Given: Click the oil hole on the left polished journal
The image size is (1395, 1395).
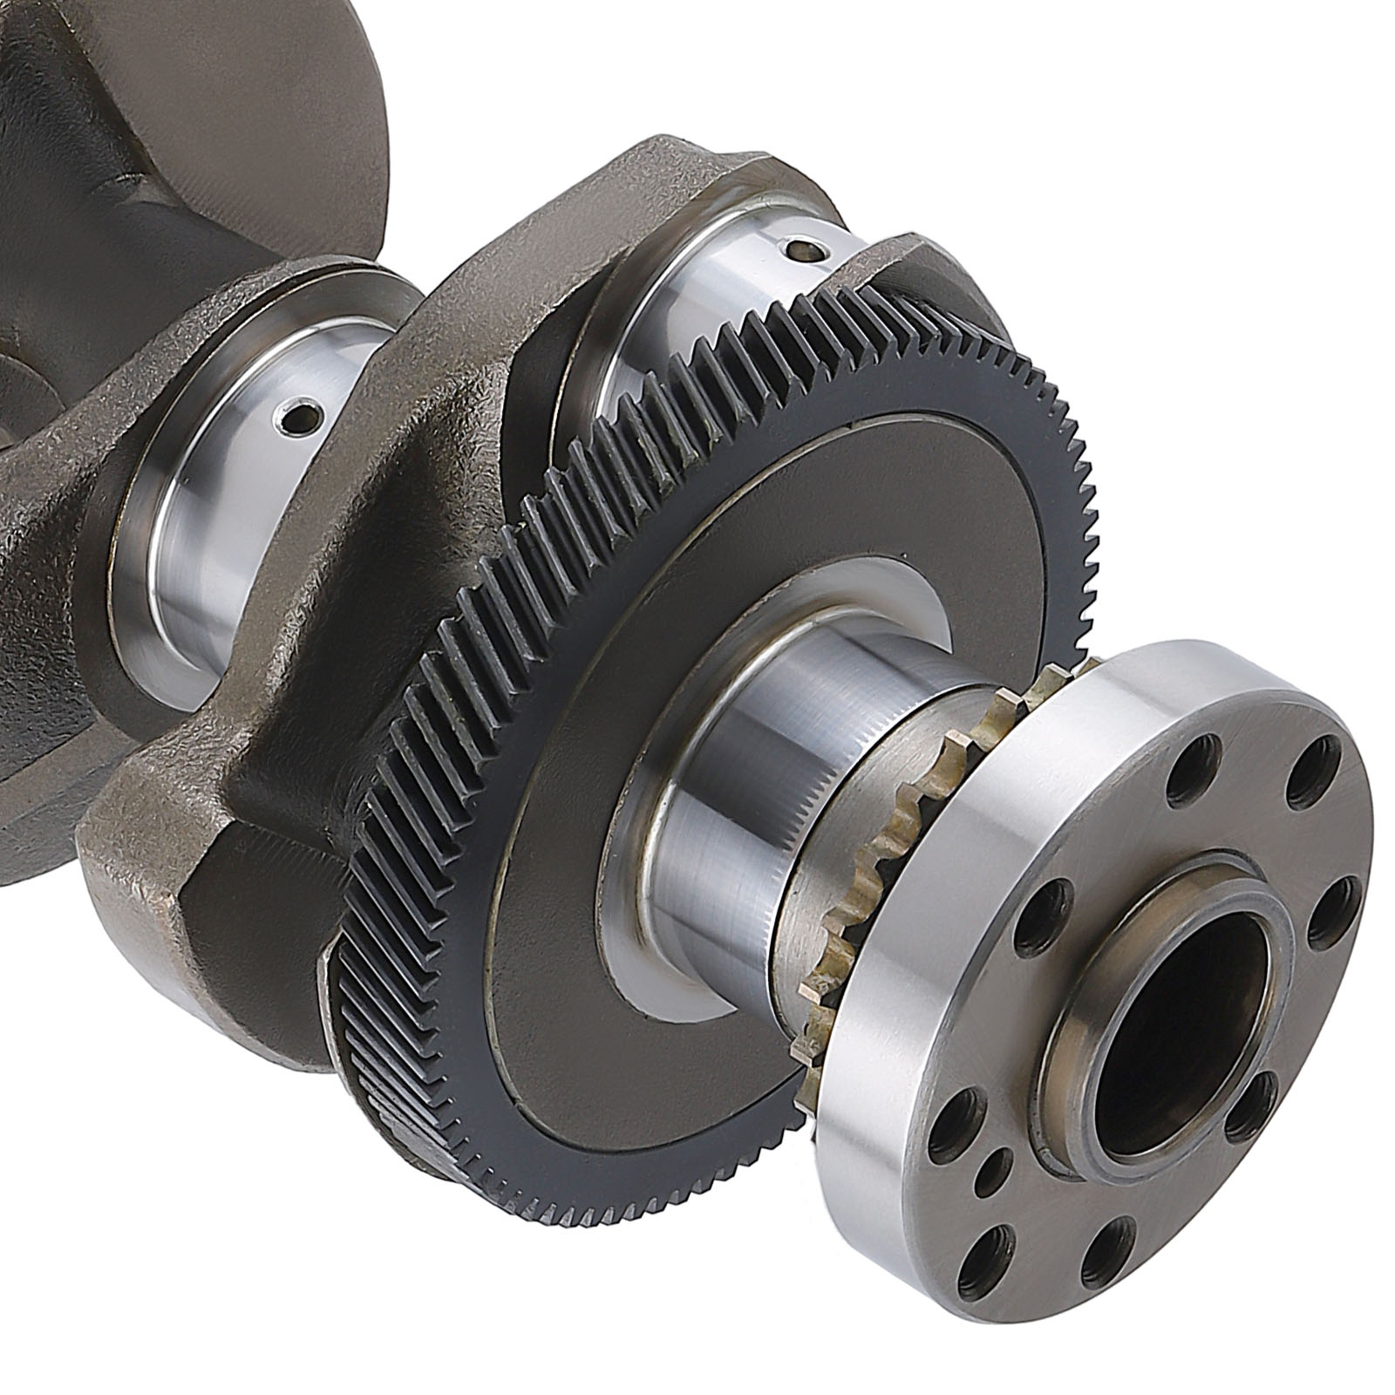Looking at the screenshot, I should (x=296, y=419).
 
